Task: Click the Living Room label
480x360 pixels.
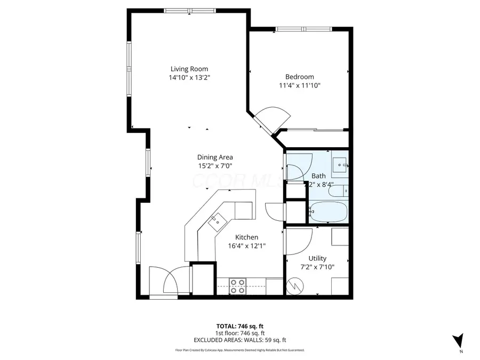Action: [x=189, y=69]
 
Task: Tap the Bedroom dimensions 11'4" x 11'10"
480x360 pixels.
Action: [x=299, y=85]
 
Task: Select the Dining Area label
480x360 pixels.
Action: [x=215, y=157]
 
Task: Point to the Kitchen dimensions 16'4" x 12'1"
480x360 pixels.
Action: [x=246, y=246]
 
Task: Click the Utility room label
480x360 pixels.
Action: [x=317, y=259]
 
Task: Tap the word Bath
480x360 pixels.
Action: [x=318, y=176]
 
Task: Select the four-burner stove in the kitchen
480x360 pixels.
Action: [x=238, y=286]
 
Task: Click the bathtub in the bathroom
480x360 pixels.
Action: [x=328, y=212]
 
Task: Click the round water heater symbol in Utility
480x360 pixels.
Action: [x=294, y=286]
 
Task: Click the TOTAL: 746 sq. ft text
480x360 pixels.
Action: [x=239, y=326]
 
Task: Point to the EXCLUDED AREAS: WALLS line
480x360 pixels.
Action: [x=239, y=340]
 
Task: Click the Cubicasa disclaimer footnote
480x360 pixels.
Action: [x=239, y=350]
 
